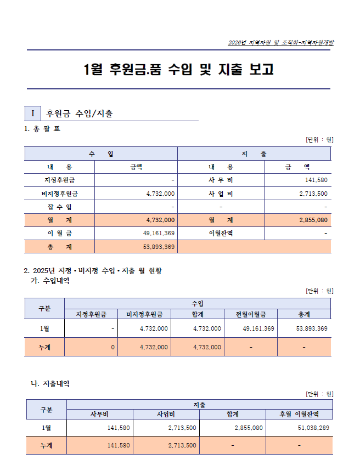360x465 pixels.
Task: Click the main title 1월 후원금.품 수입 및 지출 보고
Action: tap(179, 70)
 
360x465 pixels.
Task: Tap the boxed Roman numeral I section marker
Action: tap(33, 114)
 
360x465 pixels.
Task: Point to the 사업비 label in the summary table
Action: tap(221, 194)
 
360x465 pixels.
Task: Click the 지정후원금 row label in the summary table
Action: tap(59, 180)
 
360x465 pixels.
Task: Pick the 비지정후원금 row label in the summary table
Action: tap(59, 194)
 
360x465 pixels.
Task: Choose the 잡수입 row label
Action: tap(59, 207)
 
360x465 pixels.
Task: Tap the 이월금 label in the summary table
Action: tap(59, 233)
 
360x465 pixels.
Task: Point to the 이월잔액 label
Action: tap(221, 233)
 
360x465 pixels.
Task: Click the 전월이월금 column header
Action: tap(250, 314)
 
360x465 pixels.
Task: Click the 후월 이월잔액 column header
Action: tap(299, 414)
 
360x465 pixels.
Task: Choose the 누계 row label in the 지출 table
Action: tap(47, 445)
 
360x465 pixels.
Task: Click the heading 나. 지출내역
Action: tap(50, 384)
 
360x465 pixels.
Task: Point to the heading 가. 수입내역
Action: tap(50, 281)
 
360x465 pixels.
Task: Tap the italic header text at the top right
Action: tap(280, 43)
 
